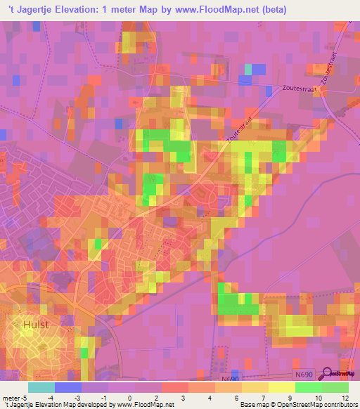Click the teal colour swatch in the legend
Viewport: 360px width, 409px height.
point(41,387)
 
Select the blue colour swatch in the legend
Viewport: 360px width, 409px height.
point(67,387)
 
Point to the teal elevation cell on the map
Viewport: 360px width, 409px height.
point(247,68)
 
